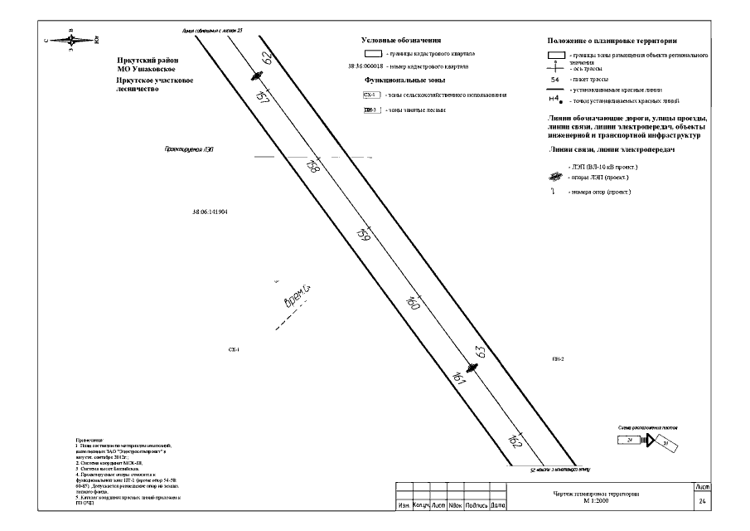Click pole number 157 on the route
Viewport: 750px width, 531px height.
click(264, 97)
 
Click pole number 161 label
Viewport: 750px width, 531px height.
click(461, 378)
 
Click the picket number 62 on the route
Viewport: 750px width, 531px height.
click(266, 58)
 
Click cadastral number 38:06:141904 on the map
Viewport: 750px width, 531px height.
click(210, 212)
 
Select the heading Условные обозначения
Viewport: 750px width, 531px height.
click(400, 40)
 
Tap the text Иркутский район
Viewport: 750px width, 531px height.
click(148, 61)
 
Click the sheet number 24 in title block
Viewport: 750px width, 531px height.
click(703, 502)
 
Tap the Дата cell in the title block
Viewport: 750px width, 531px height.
click(498, 504)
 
